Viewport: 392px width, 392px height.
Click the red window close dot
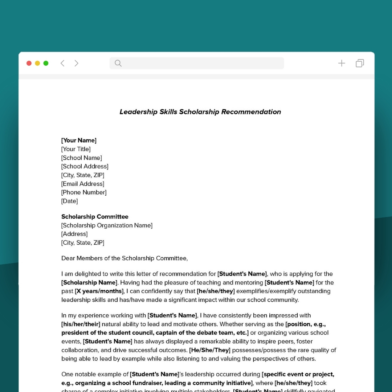click(29, 63)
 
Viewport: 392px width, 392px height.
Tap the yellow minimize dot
click(37, 63)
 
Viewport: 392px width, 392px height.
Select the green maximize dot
click(46, 63)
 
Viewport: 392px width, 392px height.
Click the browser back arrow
click(62, 63)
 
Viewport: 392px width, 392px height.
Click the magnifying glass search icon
click(118, 63)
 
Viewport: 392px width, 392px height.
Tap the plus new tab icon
click(342, 63)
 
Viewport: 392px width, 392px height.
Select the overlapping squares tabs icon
click(360, 63)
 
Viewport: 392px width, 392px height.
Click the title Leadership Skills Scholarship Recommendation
click(200, 112)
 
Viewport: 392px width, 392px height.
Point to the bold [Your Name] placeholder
click(79, 140)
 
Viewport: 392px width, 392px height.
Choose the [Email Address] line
click(83, 184)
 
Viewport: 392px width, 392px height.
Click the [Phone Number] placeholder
click(84, 192)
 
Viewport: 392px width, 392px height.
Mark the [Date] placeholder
click(70, 201)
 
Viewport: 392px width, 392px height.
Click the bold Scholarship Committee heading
click(95, 217)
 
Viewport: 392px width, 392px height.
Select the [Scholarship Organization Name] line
click(107, 225)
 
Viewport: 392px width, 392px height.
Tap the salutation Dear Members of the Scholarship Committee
click(124, 258)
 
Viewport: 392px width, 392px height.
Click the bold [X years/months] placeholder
click(99, 291)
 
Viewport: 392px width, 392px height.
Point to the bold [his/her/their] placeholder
click(81, 324)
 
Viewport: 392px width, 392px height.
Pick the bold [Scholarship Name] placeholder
click(89, 282)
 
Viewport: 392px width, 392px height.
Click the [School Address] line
click(85, 167)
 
